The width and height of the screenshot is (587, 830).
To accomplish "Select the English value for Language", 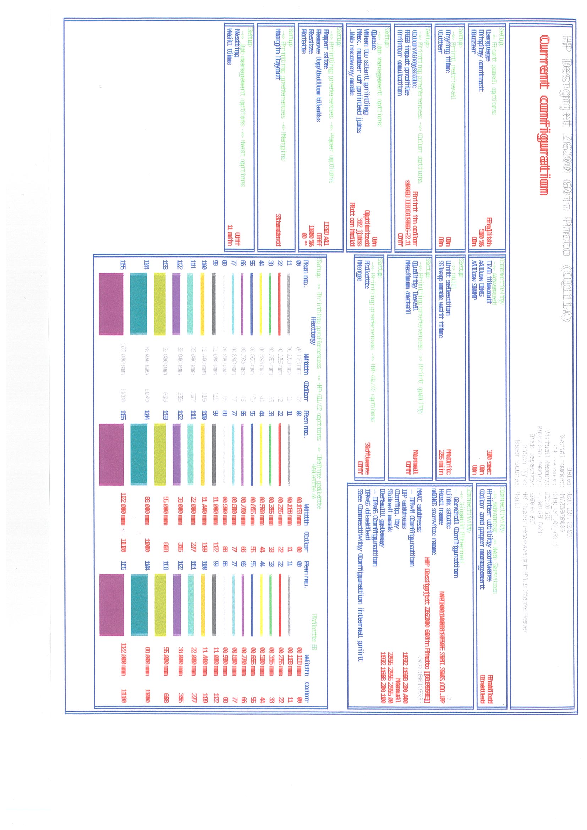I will coord(489,231).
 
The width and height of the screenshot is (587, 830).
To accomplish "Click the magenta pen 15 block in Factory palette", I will coord(111,304).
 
